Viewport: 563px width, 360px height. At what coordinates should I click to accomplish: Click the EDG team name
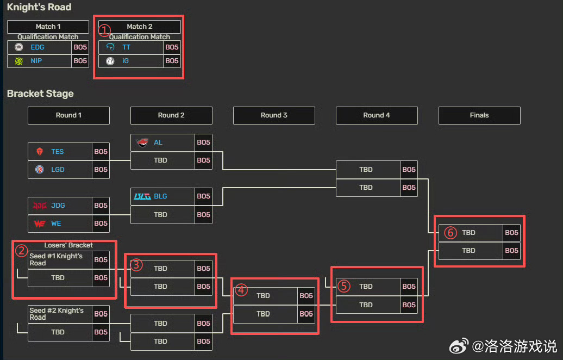click(37, 47)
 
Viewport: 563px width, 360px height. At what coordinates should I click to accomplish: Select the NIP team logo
click(18, 61)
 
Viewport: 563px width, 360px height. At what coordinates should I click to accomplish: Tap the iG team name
click(126, 61)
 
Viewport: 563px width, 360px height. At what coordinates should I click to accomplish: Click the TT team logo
click(110, 47)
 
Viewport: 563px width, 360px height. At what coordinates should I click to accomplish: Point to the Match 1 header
click(48, 27)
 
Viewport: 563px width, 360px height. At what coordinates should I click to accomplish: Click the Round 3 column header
click(274, 115)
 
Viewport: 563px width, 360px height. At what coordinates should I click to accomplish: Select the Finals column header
click(479, 115)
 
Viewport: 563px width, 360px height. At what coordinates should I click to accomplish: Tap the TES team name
click(58, 152)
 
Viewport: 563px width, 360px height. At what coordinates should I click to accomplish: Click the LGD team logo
click(40, 169)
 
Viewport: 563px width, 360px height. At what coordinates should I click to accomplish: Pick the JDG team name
click(58, 206)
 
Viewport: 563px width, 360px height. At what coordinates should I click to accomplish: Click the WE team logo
click(40, 224)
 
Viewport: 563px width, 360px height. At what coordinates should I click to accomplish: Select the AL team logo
click(142, 142)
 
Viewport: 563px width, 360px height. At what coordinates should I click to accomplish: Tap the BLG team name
click(160, 196)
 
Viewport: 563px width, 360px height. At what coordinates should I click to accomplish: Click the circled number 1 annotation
click(104, 30)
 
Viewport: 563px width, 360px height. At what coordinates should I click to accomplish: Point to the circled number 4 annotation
click(241, 290)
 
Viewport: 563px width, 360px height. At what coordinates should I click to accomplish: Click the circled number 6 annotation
click(451, 233)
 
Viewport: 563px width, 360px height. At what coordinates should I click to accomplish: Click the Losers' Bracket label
click(68, 245)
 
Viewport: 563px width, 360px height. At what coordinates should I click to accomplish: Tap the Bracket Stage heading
click(40, 94)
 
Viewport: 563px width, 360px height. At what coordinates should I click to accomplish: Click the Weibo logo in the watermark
click(459, 346)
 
